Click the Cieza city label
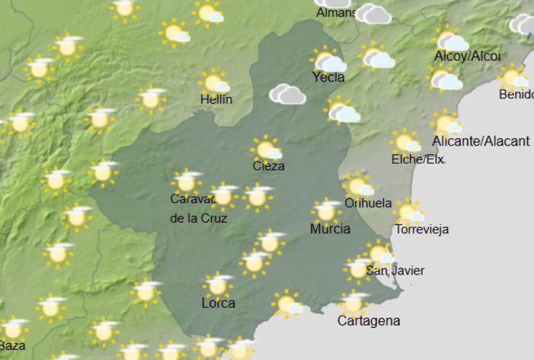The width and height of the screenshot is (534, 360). pos(268,166)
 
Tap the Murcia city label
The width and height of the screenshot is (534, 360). pos(330,229)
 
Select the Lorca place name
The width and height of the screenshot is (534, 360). pos(218,303)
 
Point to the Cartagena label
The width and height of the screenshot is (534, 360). pos(368,321)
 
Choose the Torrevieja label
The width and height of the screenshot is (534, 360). pos(422,230)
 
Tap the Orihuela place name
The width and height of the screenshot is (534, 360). pos(368,203)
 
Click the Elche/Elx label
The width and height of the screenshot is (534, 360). pos(417,159)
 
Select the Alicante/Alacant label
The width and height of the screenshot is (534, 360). pos(481,141)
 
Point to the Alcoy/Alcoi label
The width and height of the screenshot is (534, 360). pos(467,56)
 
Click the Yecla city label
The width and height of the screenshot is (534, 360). pos(328,77)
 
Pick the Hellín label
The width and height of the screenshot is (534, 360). pos(216,100)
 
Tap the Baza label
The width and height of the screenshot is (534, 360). pos(12,346)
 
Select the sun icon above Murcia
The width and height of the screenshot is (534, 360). pos(326,211)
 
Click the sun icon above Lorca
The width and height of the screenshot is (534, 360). pos(218,285)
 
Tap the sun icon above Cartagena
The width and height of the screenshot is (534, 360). pos(353,303)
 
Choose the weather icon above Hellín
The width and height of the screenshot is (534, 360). pos(214,82)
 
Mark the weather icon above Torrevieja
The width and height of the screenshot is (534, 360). pos(408,212)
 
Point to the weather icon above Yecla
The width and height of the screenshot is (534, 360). pos(327,61)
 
